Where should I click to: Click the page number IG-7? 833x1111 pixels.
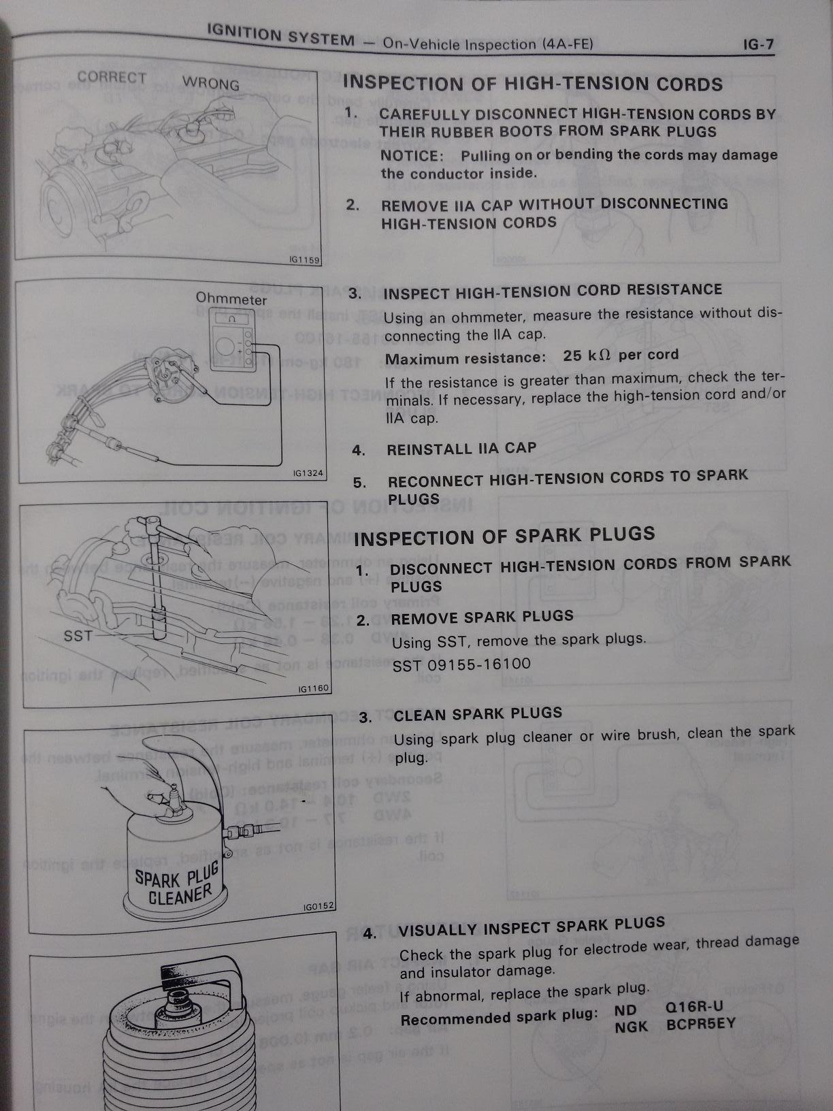tap(758, 45)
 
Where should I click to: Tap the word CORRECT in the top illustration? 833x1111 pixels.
tap(112, 78)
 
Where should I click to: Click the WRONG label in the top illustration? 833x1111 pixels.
tap(211, 83)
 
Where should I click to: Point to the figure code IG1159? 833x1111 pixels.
tap(304, 260)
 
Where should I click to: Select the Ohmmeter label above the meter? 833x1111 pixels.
tap(231, 299)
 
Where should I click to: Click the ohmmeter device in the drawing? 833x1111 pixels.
tap(232, 341)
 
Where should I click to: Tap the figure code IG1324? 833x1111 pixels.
tap(309, 473)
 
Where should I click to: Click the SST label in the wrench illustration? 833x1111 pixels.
tap(78, 636)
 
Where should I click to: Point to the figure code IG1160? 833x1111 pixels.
tap(314, 688)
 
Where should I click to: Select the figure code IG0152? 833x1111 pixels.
tap(318, 906)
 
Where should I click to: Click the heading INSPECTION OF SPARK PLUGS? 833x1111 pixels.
tap(504, 536)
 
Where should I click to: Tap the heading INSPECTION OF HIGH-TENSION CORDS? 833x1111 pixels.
tap(533, 84)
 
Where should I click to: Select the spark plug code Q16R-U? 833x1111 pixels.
tap(694, 1008)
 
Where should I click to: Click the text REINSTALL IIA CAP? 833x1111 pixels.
tap(461, 449)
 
